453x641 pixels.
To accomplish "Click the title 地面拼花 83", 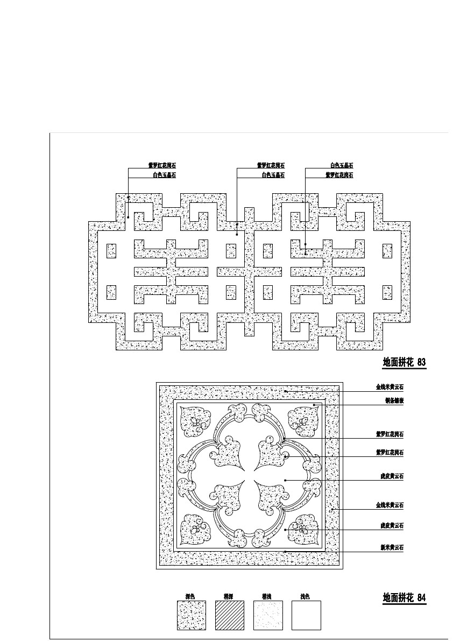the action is (x=404, y=363).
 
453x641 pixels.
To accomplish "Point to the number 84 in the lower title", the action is (x=421, y=597).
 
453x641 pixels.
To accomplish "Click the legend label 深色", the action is (x=189, y=596).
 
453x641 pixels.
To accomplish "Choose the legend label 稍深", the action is (x=228, y=596).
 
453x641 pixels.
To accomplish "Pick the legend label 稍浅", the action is (x=266, y=596).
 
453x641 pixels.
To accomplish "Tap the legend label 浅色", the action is (x=305, y=596).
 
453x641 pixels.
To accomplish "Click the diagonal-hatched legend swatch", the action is (x=230, y=615).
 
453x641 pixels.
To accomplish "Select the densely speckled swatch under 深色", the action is (x=192, y=615).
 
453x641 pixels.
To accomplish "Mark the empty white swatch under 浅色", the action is (x=306, y=615).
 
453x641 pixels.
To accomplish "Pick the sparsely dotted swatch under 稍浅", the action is (x=268, y=615).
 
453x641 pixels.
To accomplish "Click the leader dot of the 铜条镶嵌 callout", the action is (x=314, y=404).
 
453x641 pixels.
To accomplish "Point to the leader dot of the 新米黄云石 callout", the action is (x=285, y=552).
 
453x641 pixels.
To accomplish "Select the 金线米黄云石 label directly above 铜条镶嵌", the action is (x=390, y=387).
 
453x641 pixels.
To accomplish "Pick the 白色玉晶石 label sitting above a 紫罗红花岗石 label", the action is (x=342, y=166).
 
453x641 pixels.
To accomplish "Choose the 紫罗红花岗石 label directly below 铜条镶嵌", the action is (x=390, y=434).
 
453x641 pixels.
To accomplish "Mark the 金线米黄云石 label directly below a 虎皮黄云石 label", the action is (x=390, y=505).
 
